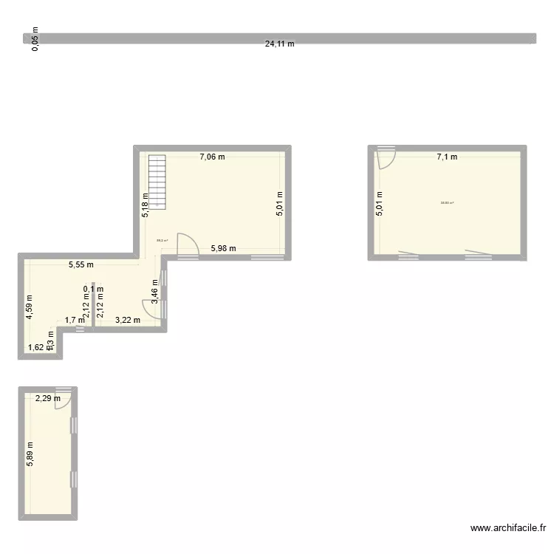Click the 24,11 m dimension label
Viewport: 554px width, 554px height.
point(279,44)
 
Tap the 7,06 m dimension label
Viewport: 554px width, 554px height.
point(211,157)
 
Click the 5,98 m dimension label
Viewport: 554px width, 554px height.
point(223,248)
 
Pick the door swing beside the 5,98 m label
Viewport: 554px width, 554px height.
point(188,246)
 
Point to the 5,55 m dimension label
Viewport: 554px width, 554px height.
point(82,264)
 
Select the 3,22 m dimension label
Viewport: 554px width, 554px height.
point(128,320)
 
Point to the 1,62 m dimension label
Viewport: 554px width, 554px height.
point(36,347)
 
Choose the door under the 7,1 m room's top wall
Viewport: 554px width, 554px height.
point(386,159)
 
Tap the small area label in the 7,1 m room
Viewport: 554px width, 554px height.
point(447,203)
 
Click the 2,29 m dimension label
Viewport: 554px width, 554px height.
point(48,399)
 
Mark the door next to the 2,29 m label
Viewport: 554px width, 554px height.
point(63,398)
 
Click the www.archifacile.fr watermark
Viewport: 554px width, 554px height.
point(507,528)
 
